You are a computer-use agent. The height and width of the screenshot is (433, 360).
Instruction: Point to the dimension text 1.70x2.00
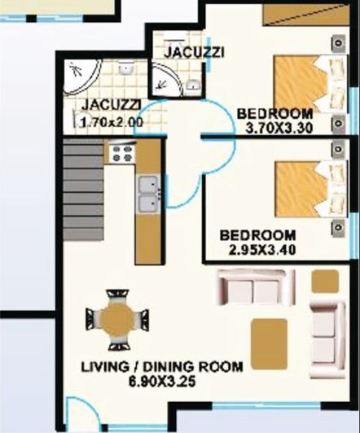(112, 122)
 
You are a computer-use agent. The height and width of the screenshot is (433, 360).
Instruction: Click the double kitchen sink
(147, 195)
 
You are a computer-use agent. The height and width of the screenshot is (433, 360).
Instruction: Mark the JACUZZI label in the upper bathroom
(194, 53)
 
